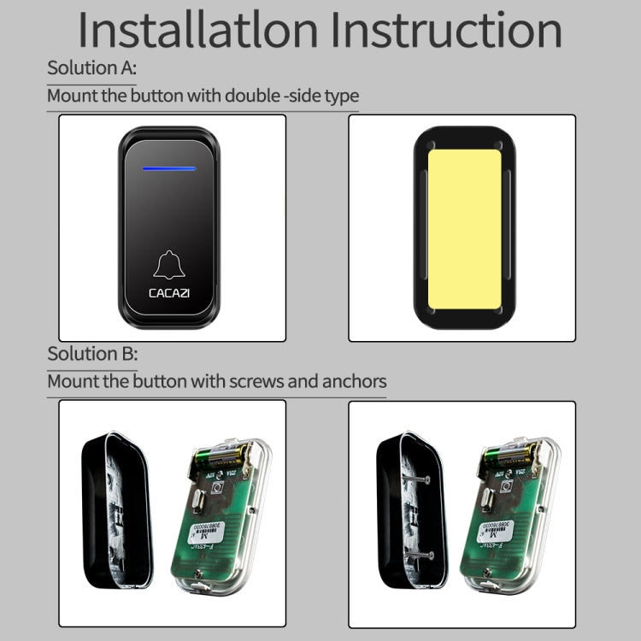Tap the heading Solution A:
[x=91, y=68]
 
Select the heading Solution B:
[x=91, y=354]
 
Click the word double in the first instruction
[x=252, y=95]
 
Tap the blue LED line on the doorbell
[x=170, y=168]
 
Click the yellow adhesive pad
[x=462, y=228]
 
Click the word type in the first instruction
[x=342, y=95]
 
